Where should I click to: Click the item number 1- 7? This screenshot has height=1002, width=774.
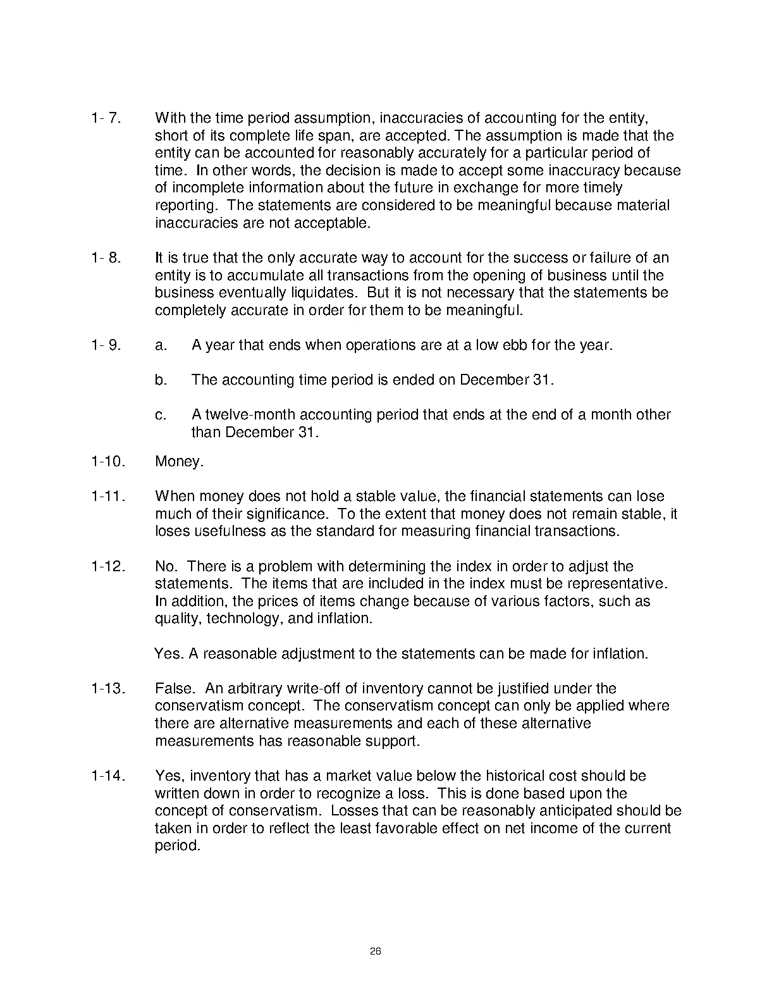pyautogui.click(x=106, y=118)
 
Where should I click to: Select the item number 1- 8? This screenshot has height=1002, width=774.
pyautogui.click(x=106, y=258)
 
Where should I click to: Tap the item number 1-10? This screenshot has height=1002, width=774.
pyautogui.click(x=107, y=462)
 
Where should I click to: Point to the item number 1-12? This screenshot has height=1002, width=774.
pyautogui.click(x=107, y=566)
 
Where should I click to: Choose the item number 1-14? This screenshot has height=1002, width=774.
pyautogui.click(x=107, y=776)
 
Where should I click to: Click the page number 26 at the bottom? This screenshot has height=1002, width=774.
pyautogui.click(x=376, y=952)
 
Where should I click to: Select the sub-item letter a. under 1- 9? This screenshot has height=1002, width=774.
pyautogui.click(x=161, y=345)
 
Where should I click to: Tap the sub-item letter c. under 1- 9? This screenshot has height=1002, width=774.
pyautogui.click(x=161, y=415)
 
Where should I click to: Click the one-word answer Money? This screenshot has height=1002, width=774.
pyautogui.click(x=179, y=462)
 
